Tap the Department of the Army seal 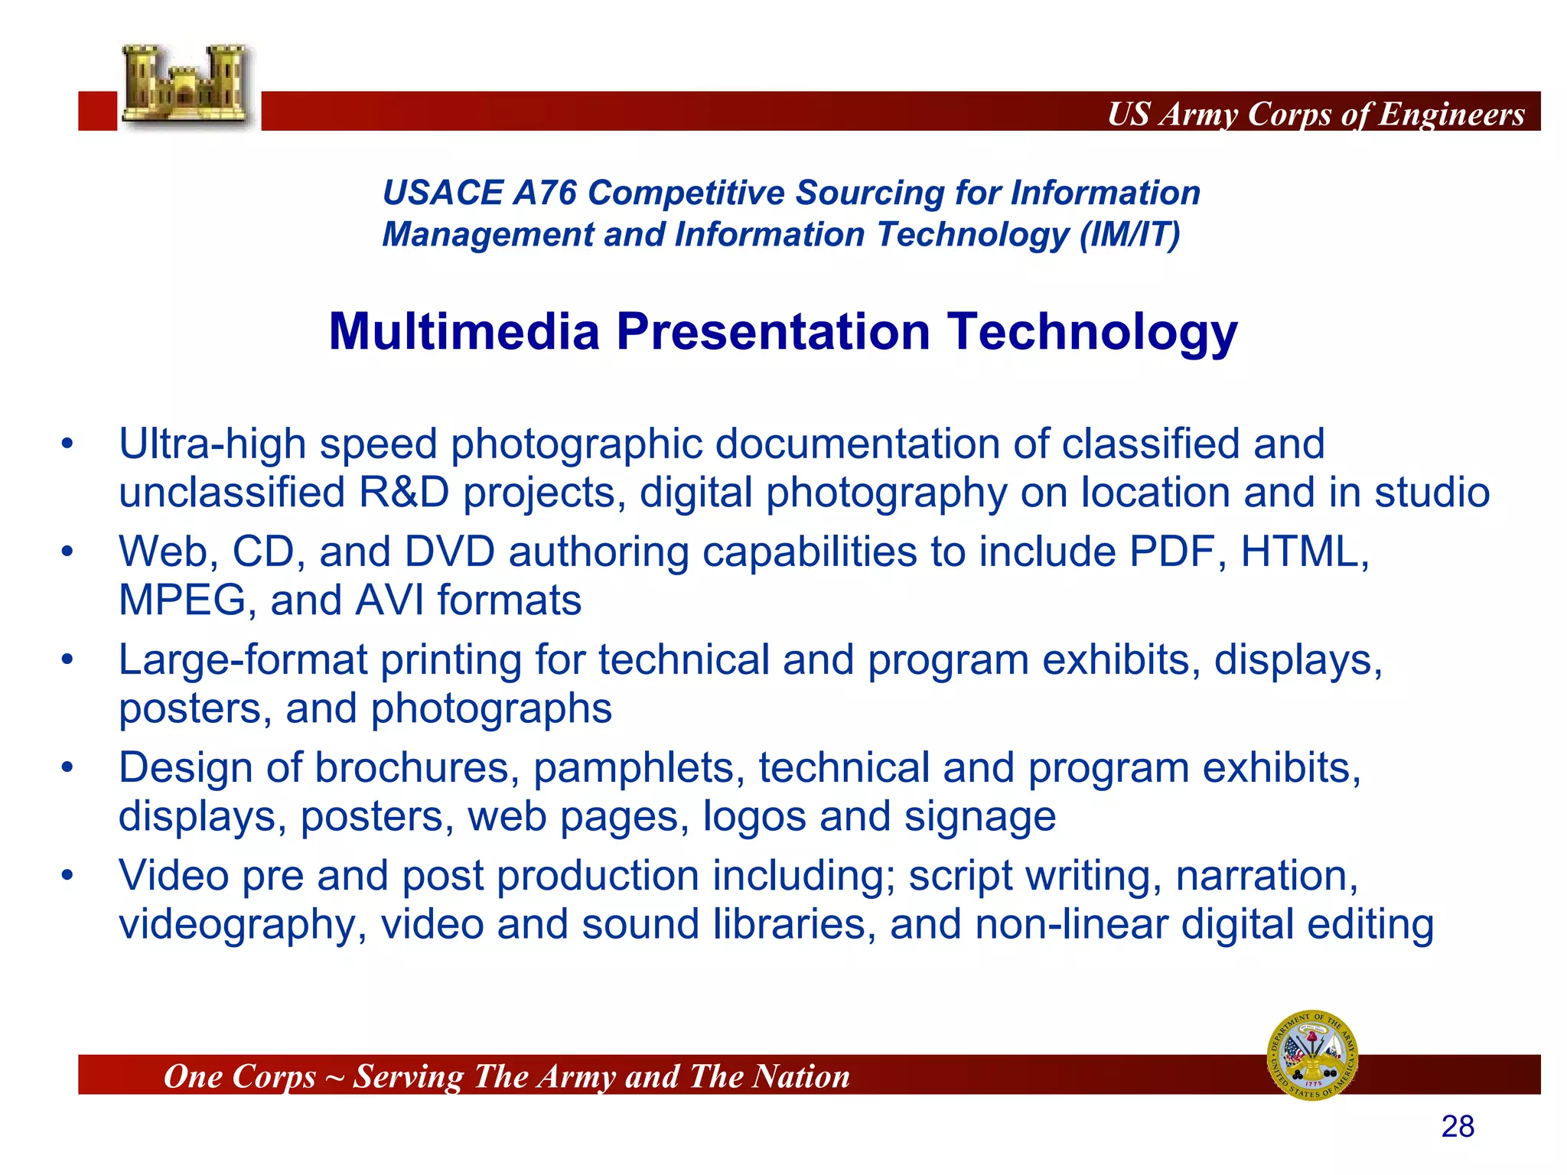[1312, 1055]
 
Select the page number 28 [1458, 1127]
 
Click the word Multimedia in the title [464, 332]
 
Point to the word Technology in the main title [1092, 334]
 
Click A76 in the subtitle [544, 193]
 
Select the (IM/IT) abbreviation [1129, 234]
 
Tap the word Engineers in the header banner [1451, 114]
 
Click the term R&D [404, 493]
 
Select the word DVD [449, 552]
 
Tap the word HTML [1304, 552]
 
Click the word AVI [389, 601]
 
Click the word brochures [412, 768]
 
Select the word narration [1266, 876]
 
